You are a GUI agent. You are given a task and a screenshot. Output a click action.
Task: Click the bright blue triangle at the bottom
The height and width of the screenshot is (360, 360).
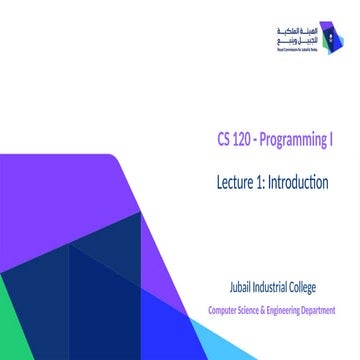[120, 330]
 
